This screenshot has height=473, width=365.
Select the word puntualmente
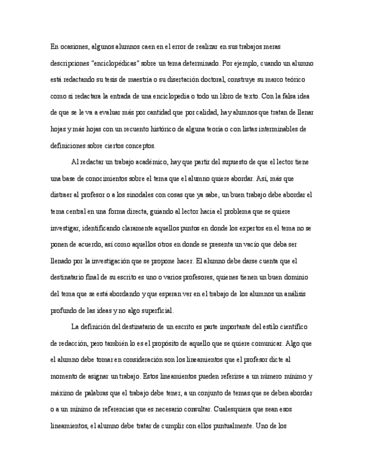point(229,426)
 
